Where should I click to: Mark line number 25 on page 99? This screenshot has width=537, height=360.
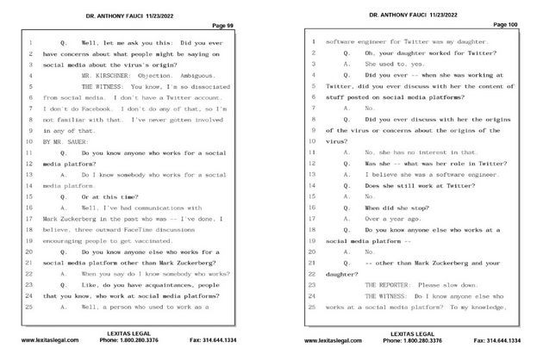coord(28,307)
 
